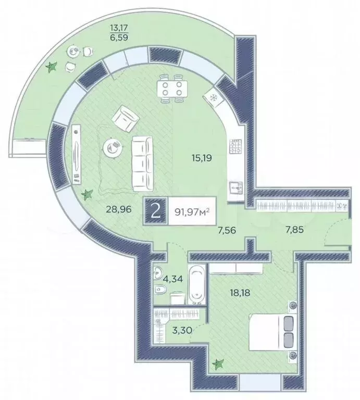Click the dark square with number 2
click(x=155, y=211)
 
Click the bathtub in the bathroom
click(x=196, y=284)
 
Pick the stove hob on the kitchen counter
click(x=235, y=146)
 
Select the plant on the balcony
click(x=51, y=67)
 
